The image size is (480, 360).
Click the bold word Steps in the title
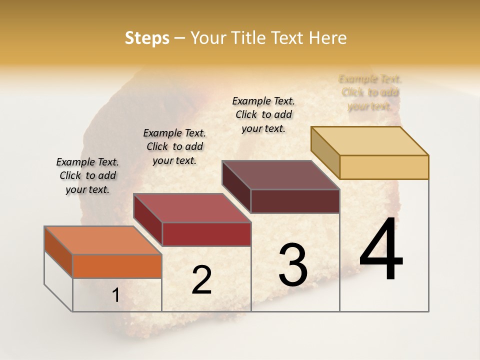(147, 38)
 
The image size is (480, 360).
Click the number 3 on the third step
(293, 265)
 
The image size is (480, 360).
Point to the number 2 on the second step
(201, 280)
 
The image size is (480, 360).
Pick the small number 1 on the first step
(115, 295)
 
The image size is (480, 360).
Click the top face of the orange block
(103, 240)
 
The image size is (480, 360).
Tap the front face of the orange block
(117, 266)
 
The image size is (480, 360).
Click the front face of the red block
(206, 234)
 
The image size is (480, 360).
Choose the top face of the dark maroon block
(281, 175)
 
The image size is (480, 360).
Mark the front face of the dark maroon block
(295, 201)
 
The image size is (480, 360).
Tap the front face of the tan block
(384, 167)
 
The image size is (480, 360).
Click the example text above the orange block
(87, 175)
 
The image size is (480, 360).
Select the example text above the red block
(174, 146)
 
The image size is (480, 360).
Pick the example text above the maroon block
(263, 114)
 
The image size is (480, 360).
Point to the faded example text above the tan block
(370, 92)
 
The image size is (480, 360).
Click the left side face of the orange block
(58, 252)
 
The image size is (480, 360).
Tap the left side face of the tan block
(325, 152)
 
